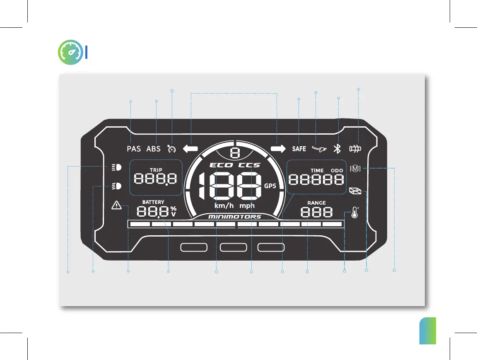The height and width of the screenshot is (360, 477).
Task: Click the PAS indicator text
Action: [x=134, y=149]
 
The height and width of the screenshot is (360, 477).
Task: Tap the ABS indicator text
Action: [x=153, y=149]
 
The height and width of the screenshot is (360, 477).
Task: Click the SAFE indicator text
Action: [x=299, y=149]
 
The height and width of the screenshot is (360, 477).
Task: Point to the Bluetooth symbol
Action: [x=337, y=149]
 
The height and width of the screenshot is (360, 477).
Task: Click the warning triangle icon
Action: [x=117, y=205]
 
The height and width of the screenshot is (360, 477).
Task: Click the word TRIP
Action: [x=156, y=170]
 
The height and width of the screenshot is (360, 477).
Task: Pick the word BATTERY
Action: [x=153, y=202]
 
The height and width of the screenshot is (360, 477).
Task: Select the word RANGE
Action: [x=316, y=203]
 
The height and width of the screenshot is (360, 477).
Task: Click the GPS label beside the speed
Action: [x=270, y=186]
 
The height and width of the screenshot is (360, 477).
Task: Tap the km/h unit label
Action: [x=224, y=205]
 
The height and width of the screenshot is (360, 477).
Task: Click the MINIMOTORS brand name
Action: [x=234, y=217]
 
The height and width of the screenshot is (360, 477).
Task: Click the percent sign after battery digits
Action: [x=173, y=208]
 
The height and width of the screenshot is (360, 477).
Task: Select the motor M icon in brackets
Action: [x=355, y=168]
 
